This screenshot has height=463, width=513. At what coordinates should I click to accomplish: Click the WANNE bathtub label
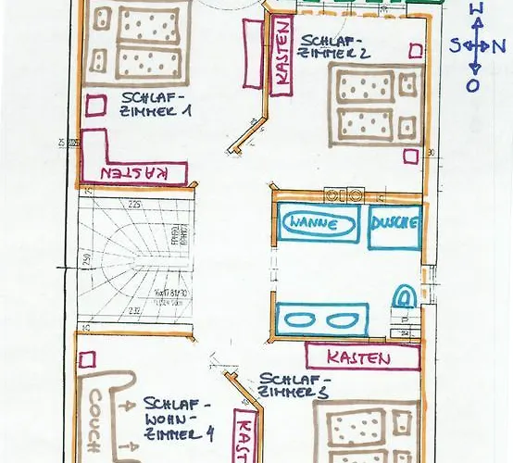click(318, 223)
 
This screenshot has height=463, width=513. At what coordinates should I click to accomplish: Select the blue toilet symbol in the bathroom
click(403, 297)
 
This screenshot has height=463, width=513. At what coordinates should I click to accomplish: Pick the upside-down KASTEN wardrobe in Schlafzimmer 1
click(134, 172)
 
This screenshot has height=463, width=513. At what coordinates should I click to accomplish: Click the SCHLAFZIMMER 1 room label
click(155, 102)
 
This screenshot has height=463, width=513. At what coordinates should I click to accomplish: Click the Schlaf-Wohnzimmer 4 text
click(179, 419)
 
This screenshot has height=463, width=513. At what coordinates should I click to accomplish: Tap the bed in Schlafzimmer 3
click(366, 435)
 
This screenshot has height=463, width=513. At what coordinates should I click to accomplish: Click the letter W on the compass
click(476, 9)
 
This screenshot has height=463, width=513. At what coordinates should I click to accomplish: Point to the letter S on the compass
click(456, 44)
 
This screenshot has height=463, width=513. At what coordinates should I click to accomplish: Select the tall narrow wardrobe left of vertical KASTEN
click(251, 53)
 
